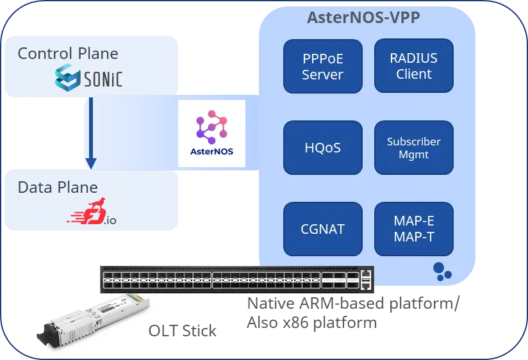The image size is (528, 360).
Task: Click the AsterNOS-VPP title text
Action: (364, 18)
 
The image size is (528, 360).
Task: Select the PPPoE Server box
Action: (322, 67)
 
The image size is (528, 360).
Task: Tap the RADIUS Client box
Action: (413, 67)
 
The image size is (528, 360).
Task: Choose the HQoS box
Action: (322, 148)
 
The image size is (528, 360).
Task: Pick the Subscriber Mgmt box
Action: (413, 148)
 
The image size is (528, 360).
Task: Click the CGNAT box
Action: (322, 229)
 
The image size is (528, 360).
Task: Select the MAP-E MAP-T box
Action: (413, 229)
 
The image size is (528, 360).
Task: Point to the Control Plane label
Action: (67, 53)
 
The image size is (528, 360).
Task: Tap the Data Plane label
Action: (58, 188)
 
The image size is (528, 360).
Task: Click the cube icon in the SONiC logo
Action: (68, 78)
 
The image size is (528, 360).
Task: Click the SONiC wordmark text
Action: (103, 79)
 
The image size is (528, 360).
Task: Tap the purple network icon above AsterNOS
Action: (211, 126)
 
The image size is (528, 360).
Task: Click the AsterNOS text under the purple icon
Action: (211, 152)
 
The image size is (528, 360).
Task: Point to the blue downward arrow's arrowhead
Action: (91, 163)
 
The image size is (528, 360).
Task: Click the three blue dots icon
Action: (441, 271)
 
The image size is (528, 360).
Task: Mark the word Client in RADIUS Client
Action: (413, 74)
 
